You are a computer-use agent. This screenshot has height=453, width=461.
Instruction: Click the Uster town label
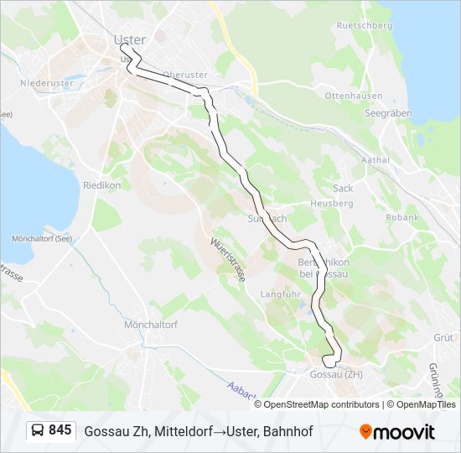point(129,39)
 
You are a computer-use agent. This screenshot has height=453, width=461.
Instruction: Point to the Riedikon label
point(102,185)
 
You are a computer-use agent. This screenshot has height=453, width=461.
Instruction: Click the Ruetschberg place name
point(364,25)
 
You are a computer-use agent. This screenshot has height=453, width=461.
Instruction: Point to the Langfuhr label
point(280,294)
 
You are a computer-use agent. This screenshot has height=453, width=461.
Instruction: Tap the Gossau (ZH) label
point(336,374)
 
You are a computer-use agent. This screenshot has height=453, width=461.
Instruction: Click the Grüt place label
point(442,337)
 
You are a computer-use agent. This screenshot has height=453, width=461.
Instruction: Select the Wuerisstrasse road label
point(228,261)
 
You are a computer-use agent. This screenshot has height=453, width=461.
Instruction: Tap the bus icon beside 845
point(38,431)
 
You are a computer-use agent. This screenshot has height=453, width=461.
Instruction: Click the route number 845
point(60,430)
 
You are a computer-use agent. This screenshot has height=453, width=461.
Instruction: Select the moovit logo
point(397,431)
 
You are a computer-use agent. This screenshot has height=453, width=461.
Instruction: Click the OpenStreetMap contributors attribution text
point(322,404)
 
